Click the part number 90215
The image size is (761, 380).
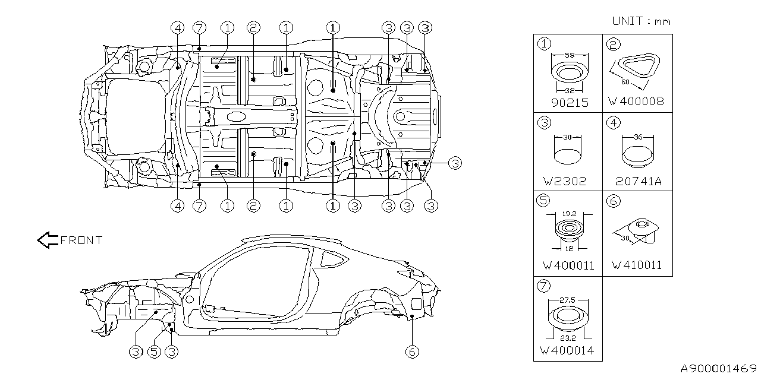pos(569,102)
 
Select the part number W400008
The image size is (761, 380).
pos(636,102)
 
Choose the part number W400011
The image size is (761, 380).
pos(569,265)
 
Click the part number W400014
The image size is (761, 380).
pos(569,351)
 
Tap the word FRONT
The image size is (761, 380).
pos(81,240)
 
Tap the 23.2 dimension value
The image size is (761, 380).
pos(569,337)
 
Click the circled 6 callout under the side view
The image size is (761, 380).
pos(411,351)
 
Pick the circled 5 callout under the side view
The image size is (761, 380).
pos(153,351)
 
